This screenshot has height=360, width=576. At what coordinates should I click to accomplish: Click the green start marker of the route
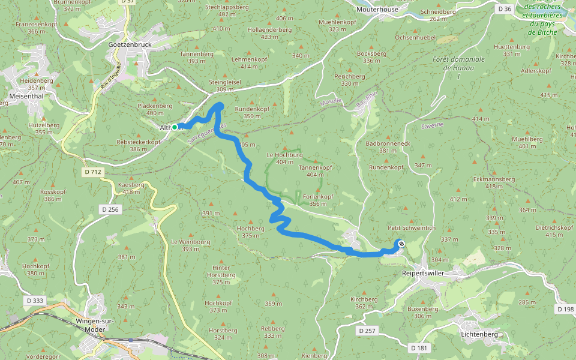coord(175,127)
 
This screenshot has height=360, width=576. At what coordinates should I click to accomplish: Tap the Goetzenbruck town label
coord(130,45)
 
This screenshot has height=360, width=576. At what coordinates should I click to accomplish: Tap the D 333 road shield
coord(35,299)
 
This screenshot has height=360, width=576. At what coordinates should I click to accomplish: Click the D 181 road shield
coord(419,347)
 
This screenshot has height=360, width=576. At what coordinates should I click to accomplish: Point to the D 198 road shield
coord(565,309)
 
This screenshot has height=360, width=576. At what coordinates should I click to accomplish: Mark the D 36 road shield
coord(505,9)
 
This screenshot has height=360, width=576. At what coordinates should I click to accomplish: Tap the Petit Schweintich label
coord(411,228)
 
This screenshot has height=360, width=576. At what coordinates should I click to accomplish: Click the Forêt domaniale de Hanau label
coord(458,64)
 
